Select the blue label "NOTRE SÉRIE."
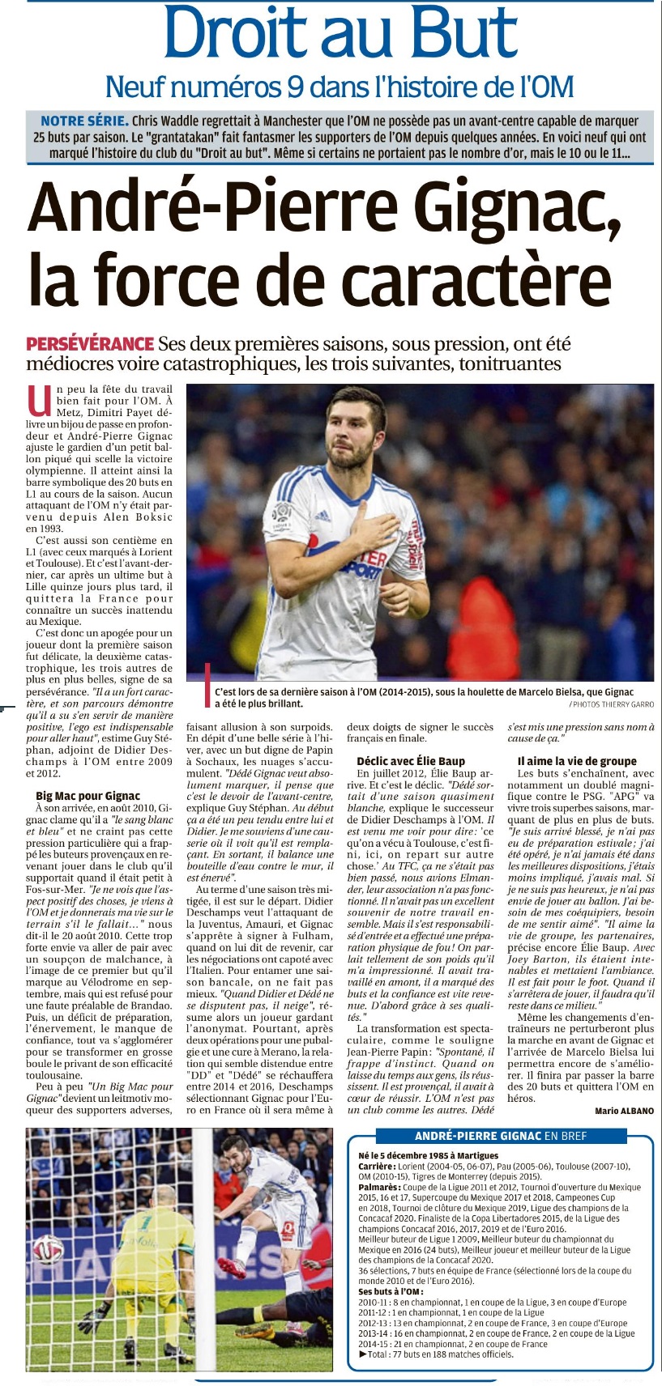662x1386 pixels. point(84,121)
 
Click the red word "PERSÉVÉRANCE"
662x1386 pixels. point(90,343)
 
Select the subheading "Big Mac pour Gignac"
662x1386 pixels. point(88,796)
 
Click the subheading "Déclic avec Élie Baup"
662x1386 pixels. point(411,761)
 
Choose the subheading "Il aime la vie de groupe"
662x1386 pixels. point(577,761)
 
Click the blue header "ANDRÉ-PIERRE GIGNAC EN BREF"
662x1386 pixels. point(501,1136)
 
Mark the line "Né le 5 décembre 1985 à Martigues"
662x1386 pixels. point(428,1155)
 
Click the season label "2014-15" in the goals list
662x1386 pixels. point(374,1344)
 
